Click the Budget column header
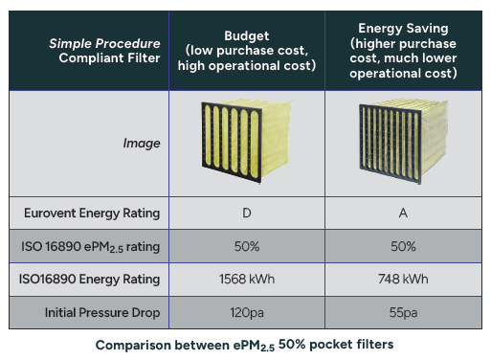247,51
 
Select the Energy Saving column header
403,51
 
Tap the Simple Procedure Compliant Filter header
104,51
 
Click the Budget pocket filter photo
247,142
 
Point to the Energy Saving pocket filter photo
403,142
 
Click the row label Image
142,144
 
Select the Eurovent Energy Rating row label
92,213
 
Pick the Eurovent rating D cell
247,213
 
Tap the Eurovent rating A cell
403,213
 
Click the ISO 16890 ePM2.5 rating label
91,247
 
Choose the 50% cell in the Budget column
247,246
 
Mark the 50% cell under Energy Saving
403,246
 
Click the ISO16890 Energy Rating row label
89,280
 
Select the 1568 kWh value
247,279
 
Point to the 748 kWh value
403,279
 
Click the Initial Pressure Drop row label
102,312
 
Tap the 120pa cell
247,313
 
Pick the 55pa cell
403,313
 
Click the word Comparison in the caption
133,346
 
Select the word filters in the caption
375,345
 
